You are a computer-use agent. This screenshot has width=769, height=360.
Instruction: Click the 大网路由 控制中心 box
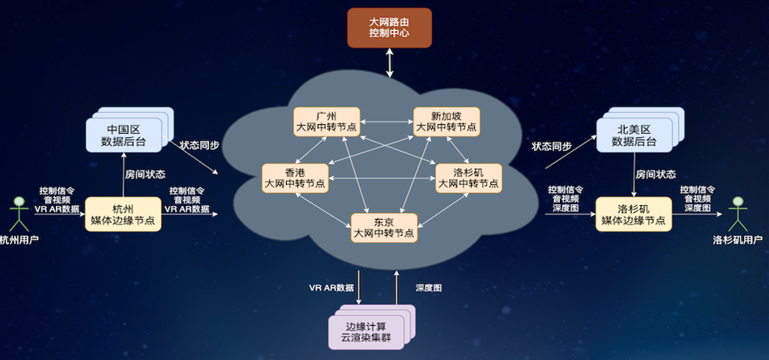coord(390,28)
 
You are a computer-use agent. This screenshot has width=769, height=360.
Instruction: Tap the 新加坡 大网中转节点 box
coord(446,121)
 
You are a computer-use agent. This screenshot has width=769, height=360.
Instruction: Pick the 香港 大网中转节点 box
coord(295,178)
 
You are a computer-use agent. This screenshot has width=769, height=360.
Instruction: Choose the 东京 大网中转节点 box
coord(384,226)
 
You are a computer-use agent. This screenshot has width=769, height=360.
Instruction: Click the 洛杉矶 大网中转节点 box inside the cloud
coord(468,178)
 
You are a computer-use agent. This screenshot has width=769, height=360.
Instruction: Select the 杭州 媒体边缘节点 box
coord(123,213)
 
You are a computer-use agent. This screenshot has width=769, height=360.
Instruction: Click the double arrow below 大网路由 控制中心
coord(390,62)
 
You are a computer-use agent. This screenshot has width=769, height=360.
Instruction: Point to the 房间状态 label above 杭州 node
coord(146,174)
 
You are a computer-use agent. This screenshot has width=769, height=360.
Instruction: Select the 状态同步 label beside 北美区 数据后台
coord(551,146)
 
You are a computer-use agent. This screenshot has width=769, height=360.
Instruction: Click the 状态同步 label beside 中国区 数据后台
coord(199,146)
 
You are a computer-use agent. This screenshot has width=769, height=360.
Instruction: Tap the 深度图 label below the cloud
coord(429,288)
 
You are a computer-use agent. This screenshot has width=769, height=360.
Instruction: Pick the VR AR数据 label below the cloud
coord(331,288)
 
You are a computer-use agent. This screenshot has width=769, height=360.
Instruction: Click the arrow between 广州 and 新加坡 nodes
coord(387,121)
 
